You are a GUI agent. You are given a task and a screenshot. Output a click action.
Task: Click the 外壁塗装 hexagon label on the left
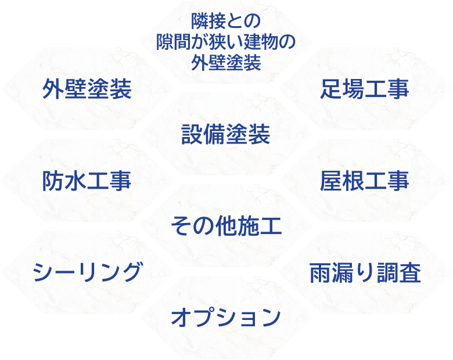tap(87, 89)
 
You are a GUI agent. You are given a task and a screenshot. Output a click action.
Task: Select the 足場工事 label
tap(365, 89)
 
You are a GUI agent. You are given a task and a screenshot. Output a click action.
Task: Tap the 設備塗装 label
tap(226, 135)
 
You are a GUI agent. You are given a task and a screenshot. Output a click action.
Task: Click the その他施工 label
tap(226, 226)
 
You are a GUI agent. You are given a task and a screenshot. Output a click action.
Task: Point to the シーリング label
tap(87, 272)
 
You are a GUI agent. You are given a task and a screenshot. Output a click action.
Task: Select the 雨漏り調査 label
tap(365, 272)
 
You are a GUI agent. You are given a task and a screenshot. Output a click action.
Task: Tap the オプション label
tap(226, 317)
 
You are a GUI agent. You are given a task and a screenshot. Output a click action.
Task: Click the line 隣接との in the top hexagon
tap(226, 22)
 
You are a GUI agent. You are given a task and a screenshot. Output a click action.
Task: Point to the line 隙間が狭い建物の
tap(226, 42)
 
